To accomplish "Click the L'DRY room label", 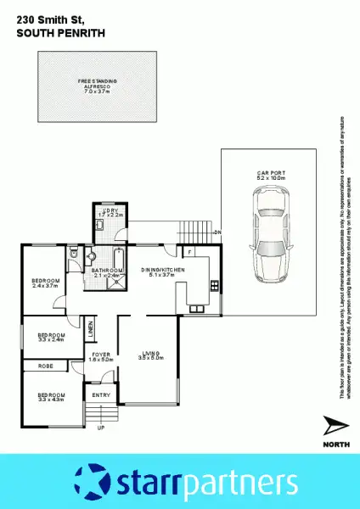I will pyautogui.click(x=110, y=213).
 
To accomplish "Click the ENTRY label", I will pyautogui.click(x=100, y=394).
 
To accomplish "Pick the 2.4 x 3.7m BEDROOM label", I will pyautogui.click(x=46, y=283).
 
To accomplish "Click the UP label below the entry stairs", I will pyautogui.click(x=102, y=428).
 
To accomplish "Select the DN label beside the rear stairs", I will pyautogui.click(x=217, y=232).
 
